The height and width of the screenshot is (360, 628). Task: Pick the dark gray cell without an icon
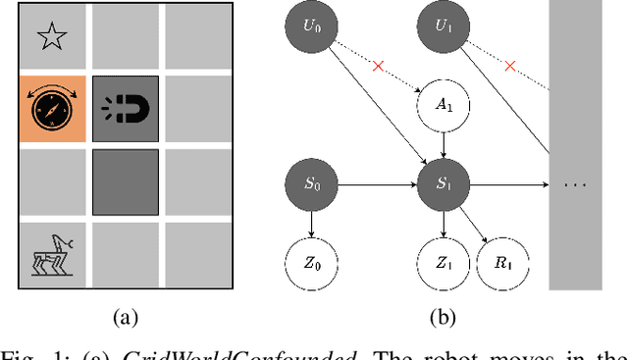[125, 182]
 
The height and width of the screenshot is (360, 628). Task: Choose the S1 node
[445, 183]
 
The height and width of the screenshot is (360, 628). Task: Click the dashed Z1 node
[445, 262]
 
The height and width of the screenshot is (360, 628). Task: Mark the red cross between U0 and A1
[379, 66]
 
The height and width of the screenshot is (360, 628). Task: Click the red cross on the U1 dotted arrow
[510, 66]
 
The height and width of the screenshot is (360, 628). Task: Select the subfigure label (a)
[124, 316]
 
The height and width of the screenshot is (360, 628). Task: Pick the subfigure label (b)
[444, 316]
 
